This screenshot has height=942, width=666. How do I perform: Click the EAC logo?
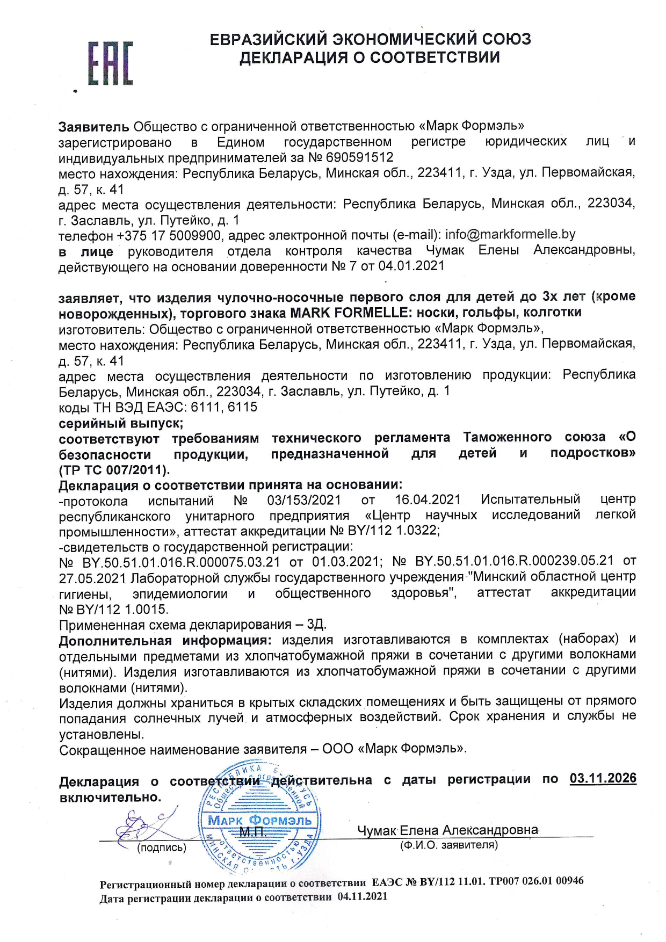pos(110,63)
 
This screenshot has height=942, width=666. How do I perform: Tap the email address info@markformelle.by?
pos(510,234)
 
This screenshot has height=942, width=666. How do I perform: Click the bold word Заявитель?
pos(93,127)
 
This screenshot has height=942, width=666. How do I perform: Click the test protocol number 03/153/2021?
pos(304,500)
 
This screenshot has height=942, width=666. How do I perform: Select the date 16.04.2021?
pos(428,499)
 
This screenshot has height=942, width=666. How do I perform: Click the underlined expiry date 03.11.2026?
pos(603,778)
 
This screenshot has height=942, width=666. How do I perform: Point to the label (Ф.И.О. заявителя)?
pos(448,845)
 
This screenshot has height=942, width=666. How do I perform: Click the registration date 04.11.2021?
pos(362,896)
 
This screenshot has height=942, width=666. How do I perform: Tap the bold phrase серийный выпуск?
pos(121,423)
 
